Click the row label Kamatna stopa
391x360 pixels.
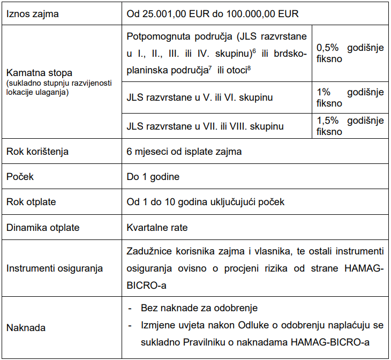[39, 72]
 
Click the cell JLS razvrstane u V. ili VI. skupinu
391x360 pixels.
[200, 97]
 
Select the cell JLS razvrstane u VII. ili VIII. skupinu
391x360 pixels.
[205, 126]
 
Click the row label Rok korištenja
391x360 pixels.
[37, 152]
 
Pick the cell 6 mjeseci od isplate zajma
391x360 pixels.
[184, 152]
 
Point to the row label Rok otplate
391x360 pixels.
[31, 202]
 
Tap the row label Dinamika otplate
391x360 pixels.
[43, 228]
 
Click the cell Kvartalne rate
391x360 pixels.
[157, 228]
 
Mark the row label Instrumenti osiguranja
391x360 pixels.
[54, 268]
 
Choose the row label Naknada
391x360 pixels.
[26, 327]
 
